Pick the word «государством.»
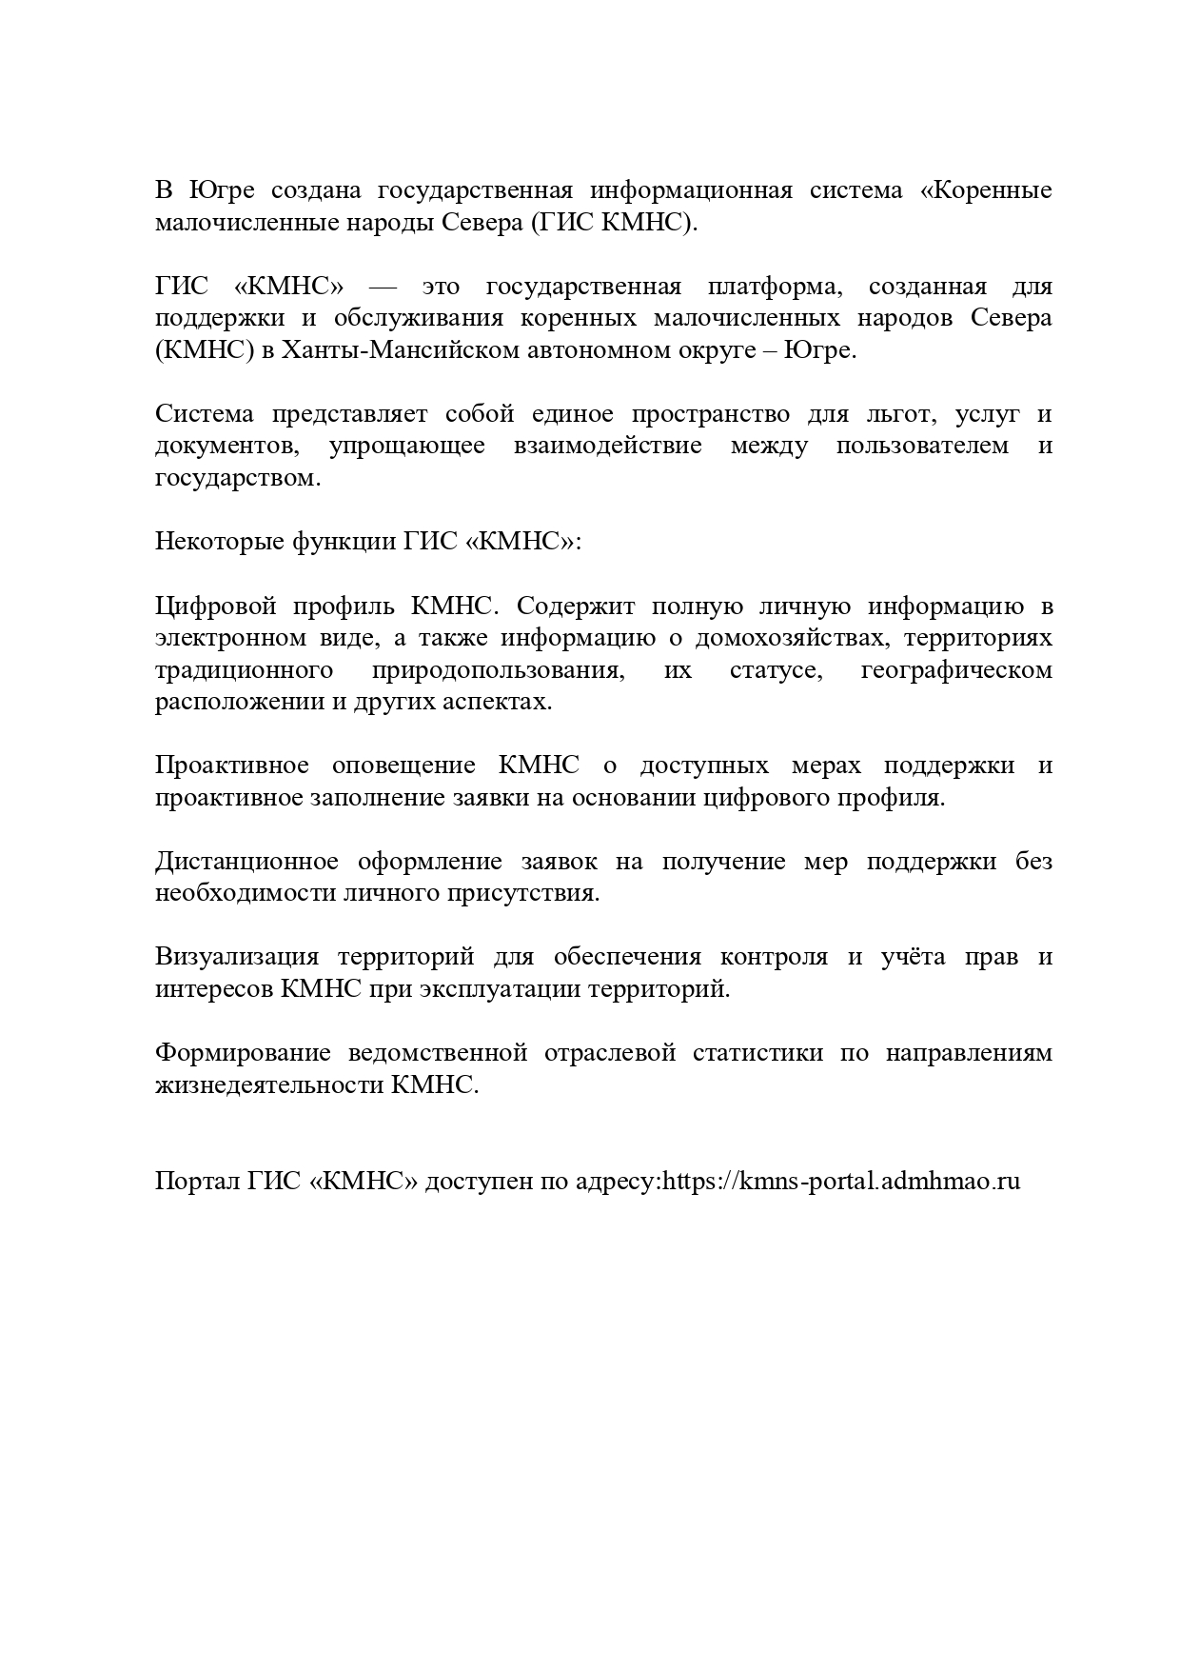tap(238, 478)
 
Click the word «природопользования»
tap(499, 670)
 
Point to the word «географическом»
tap(955, 670)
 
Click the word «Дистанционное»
tap(246, 862)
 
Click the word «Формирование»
tap(243, 1053)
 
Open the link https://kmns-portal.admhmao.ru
tap(841, 1182)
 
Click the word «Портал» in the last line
tap(197, 1182)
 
